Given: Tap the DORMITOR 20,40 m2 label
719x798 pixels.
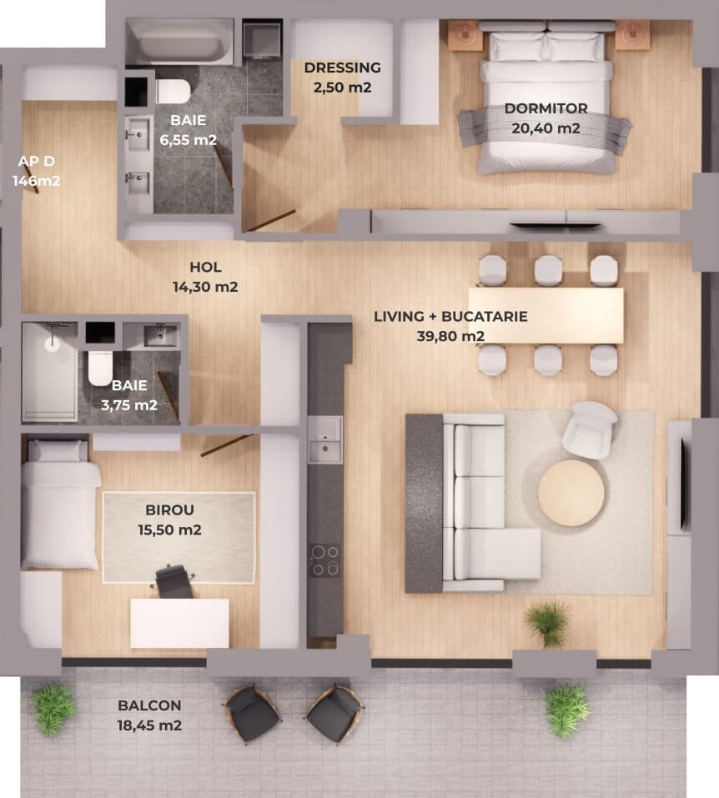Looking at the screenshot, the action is [546, 118].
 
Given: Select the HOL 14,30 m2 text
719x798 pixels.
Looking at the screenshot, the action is [205, 277].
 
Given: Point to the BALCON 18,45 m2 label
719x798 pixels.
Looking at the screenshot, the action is [149, 715].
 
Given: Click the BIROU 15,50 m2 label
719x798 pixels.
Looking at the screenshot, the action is [169, 519].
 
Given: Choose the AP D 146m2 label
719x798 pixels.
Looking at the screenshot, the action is [36, 171].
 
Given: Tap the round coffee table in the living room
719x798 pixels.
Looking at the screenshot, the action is [571, 492].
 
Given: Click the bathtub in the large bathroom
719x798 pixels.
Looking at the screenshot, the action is [180, 43].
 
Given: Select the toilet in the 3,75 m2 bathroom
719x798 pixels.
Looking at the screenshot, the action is [100, 368].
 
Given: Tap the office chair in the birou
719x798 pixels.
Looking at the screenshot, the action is [173, 580].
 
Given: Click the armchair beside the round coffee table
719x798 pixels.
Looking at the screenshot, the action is [590, 429].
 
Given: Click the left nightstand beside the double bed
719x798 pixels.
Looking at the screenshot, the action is [465, 35].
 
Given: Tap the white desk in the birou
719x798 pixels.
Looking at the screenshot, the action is [180, 623].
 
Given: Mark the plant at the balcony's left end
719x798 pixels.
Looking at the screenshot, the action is [54, 709].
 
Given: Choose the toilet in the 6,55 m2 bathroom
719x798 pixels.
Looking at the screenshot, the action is [173, 91].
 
